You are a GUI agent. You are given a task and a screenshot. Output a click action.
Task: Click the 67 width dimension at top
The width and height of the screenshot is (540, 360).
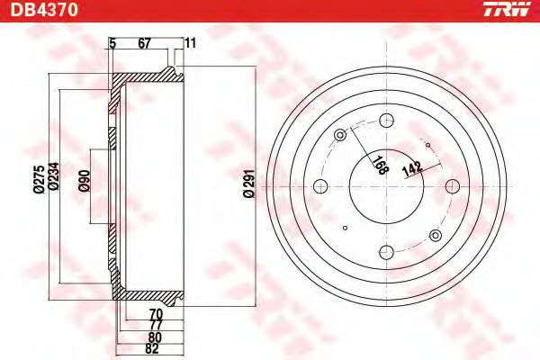pyautogui.click(x=144, y=42)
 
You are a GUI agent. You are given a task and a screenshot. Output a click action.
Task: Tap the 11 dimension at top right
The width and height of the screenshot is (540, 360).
pyautogui.click(x=190, y=42)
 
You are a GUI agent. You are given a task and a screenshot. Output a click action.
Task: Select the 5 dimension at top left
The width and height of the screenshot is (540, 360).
pyautogui.click(x=112, y=42)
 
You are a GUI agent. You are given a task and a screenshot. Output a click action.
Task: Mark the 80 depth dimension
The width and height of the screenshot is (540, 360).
pyautogui.click(x=154, y=338)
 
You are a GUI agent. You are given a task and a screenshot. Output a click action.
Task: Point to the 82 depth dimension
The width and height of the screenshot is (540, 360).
pyautogui.click(x=154, y=350)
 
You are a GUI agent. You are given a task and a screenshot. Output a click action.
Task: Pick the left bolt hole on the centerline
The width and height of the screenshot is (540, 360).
pyautogui.click(x=319, y=185)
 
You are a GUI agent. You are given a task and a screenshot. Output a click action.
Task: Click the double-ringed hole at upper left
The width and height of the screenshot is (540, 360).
pyautogui.click(x=340, y=136)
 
